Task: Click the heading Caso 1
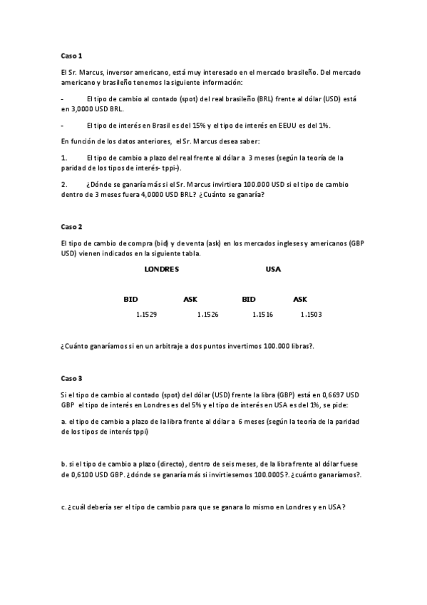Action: (x=72, y=55)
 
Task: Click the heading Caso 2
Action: (x=72, y=227)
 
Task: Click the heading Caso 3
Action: (x=72, y=378)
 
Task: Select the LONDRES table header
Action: (x=161, y=269)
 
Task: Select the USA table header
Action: (x=273, y=269)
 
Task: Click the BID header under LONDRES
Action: (x=130, y=299)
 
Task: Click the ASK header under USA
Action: (x=300, y=299)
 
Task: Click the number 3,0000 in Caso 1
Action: (x=77, y=110)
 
